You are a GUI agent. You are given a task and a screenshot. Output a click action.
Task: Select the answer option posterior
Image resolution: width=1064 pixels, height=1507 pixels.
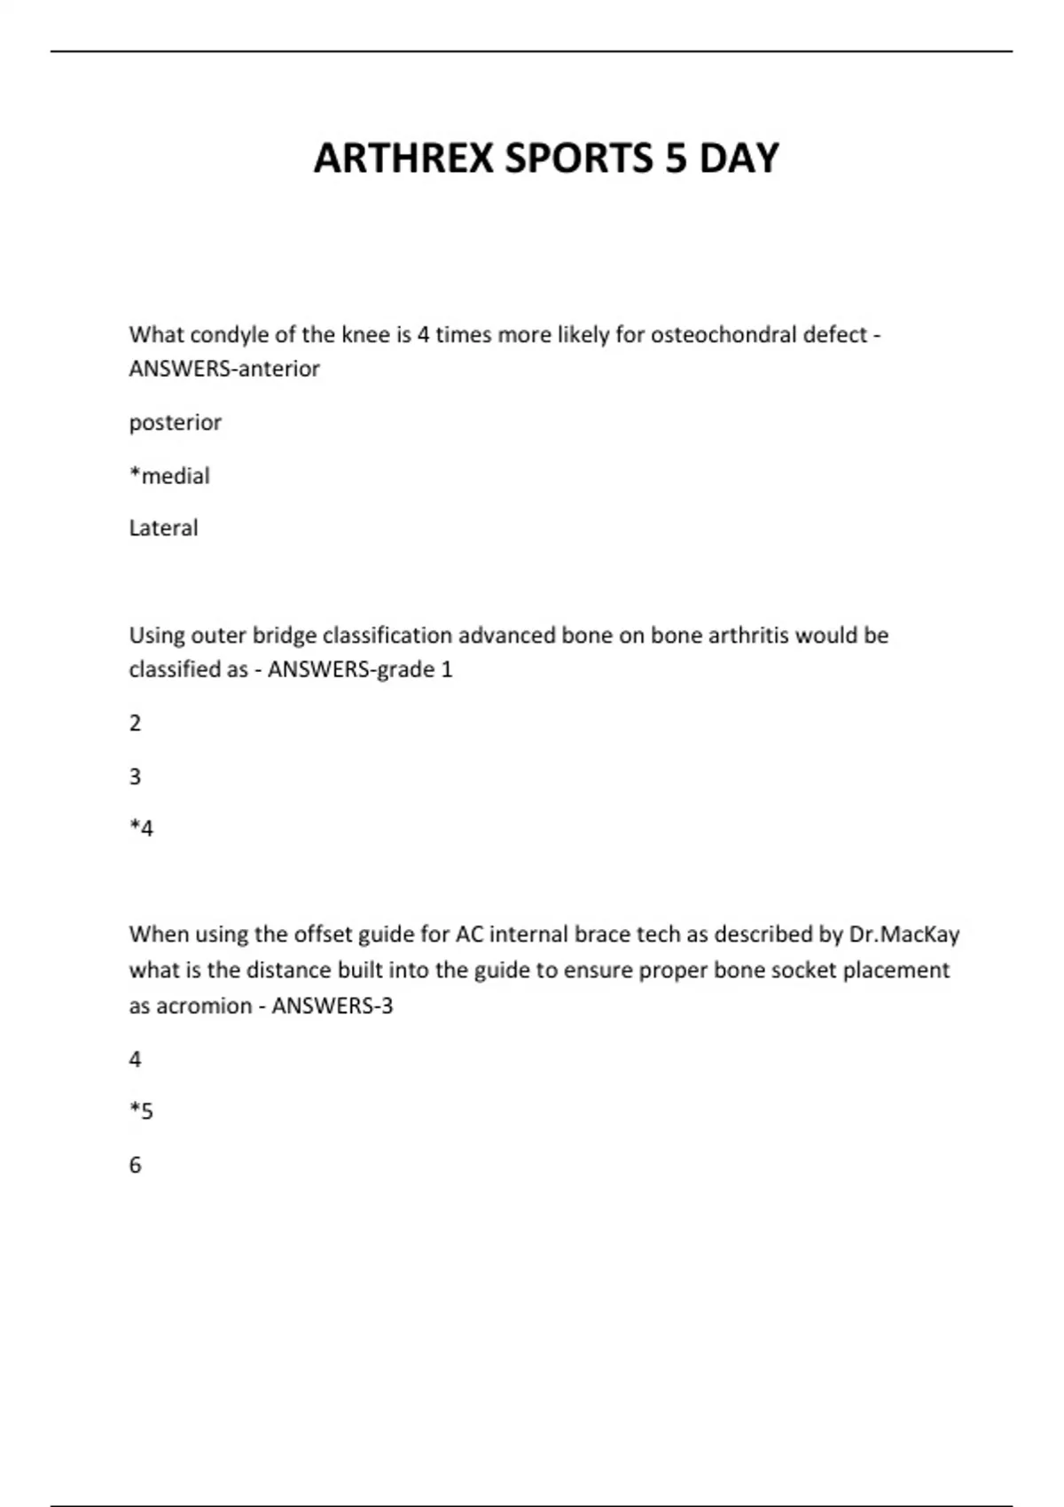tap(175, 423)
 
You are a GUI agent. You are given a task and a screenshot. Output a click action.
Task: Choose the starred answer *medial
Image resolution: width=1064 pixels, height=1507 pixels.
tap(169, 476)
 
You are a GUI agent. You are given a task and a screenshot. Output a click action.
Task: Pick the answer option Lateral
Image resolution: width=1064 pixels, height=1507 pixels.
tap(163, 528)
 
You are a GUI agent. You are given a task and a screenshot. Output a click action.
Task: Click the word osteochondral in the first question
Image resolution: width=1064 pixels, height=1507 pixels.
tap(724, 335)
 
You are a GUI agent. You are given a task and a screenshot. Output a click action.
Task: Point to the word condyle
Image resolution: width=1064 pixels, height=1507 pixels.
tap(226, 335)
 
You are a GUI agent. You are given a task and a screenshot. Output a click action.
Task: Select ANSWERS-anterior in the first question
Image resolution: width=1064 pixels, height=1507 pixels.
tap(224, 369)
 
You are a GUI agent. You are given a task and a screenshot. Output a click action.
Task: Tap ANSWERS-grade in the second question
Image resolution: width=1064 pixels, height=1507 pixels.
tap(351, 669)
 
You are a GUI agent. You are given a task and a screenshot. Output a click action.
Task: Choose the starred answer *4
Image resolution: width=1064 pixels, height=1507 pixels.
tap(141, 829)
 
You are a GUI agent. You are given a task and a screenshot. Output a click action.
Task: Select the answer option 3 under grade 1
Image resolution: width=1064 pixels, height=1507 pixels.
tap(135, 777)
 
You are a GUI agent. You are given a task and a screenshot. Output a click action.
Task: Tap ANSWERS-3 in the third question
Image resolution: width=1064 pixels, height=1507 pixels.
tap(332, 1006)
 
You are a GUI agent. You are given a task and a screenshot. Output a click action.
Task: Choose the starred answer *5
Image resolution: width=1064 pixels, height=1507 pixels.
tap(141, 1112)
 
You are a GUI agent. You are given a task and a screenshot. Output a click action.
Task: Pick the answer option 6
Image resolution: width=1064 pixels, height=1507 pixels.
tap(135, 1165)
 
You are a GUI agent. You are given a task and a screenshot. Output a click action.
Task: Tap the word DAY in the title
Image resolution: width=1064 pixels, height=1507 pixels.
tap(739, 159)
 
